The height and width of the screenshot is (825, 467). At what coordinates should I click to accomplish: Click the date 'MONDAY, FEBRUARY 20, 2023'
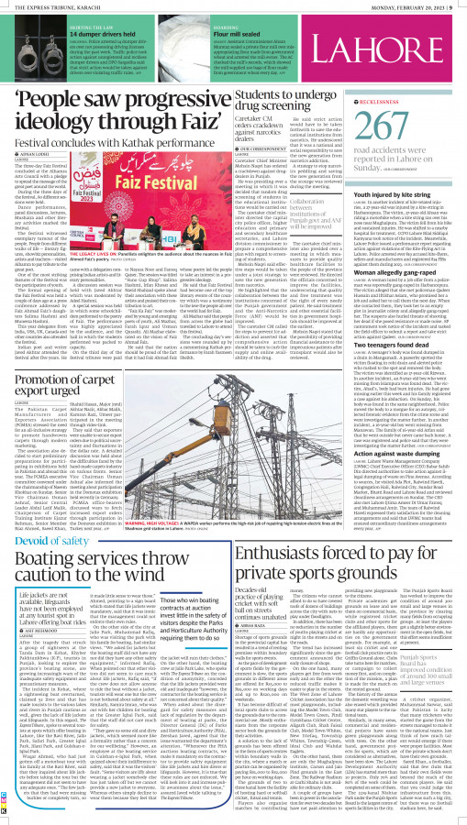408,5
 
